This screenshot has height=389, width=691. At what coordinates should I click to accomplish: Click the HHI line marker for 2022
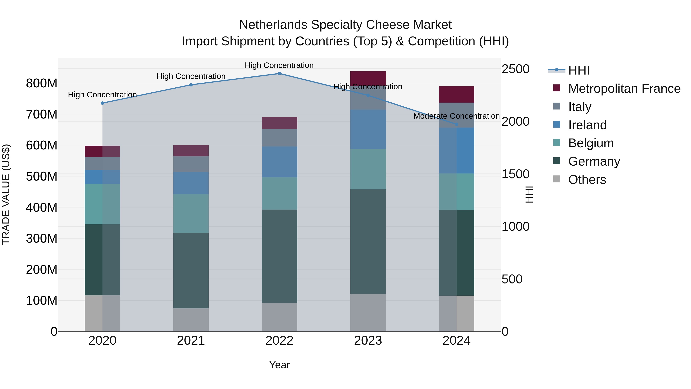pyautogui.click(x=279, y=74)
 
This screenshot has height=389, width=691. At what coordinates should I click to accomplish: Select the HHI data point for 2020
pyautogui.click(x=102, y=103)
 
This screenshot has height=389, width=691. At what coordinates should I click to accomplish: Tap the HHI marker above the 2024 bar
pyautogui.click(x=457, y=124)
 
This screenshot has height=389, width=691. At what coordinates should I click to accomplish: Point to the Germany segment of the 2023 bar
pyautogui.click(x=368, y=242)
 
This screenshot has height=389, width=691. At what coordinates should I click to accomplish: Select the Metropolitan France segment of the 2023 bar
pyautogui.click(x=368, y=78)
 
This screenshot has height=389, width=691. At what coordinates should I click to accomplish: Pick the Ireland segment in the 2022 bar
pyautogui.click(x=279, y=162)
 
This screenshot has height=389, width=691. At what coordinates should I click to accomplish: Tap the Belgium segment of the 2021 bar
pyautogui.click(x=191, y=213)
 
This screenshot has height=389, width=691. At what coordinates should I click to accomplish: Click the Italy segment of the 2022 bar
pyautogui.click(x=279, y=138)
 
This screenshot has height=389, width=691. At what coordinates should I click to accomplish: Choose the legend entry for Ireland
pyautogui.click(x=587, y=125)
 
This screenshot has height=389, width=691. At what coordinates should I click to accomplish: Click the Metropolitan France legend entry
pyautogui.click(x=624, y=89)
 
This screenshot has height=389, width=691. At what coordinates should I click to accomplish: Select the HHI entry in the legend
pyautogui.click(x=579, y=70)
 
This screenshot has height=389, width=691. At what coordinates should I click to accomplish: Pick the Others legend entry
pyautogui.click(x=587, y=180)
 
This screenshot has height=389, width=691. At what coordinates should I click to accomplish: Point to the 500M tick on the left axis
pyautogui.click(x=42, y=176)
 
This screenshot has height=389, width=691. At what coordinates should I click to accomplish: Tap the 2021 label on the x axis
pyautogui.click(x=191, y=341)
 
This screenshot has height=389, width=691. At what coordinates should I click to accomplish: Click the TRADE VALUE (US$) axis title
pyautogui.click(x=6, y=194)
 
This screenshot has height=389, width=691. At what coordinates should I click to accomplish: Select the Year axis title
pyautogui.click(x=279, y=365)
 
